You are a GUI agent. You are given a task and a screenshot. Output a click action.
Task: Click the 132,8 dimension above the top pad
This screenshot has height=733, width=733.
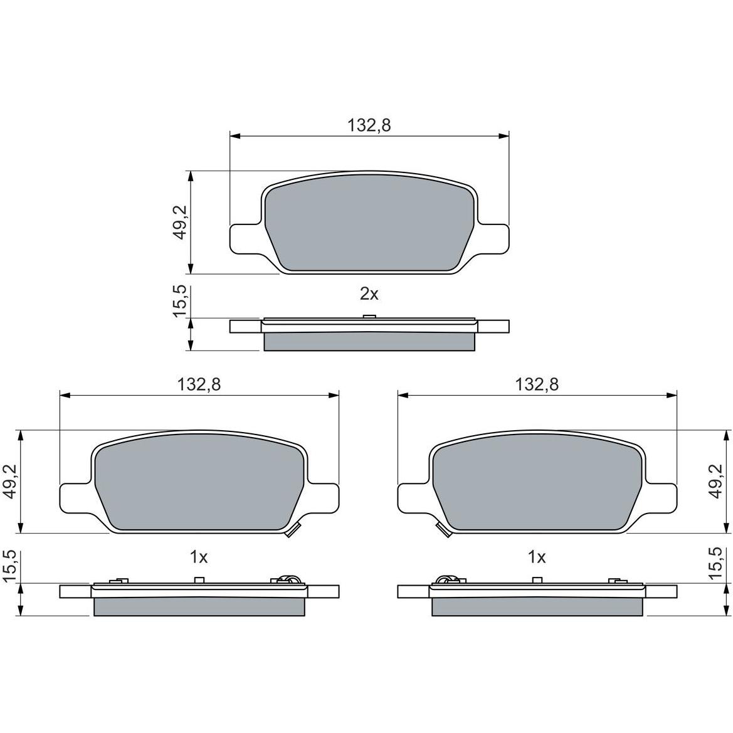point(369,125)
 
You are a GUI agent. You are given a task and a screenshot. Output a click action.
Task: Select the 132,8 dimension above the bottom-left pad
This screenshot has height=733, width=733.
point(199,384)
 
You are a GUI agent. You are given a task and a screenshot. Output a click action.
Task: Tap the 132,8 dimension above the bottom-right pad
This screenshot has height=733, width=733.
point(537,384)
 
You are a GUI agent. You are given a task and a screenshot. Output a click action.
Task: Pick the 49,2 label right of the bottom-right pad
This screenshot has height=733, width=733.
point(715,482)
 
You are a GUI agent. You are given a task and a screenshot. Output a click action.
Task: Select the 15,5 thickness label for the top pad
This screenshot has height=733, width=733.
point(180,301)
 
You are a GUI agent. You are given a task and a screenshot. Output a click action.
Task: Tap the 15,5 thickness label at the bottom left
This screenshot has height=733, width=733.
point(10,566)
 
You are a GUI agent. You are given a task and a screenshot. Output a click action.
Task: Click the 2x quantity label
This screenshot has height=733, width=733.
point(369,294)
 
